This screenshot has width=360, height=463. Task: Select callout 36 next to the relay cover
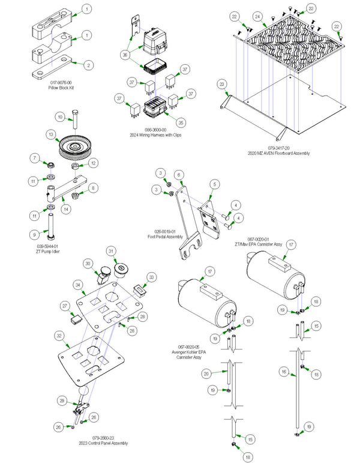[125, 54]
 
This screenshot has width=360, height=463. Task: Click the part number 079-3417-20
[279, 148]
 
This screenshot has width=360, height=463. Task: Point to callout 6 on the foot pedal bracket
[179, 174]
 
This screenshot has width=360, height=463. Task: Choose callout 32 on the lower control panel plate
[59, 335]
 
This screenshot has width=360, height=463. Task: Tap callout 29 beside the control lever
[61, 400]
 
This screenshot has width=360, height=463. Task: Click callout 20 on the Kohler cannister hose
[206, 374]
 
